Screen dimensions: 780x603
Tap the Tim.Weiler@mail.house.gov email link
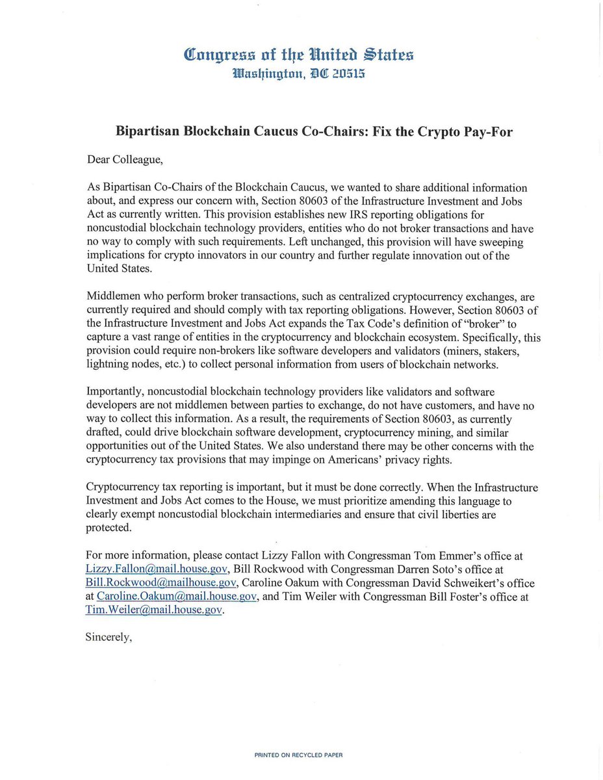click(154, 610)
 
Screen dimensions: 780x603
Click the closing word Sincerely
click(109, 638)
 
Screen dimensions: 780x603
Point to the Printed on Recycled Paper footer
click(298, 755)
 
